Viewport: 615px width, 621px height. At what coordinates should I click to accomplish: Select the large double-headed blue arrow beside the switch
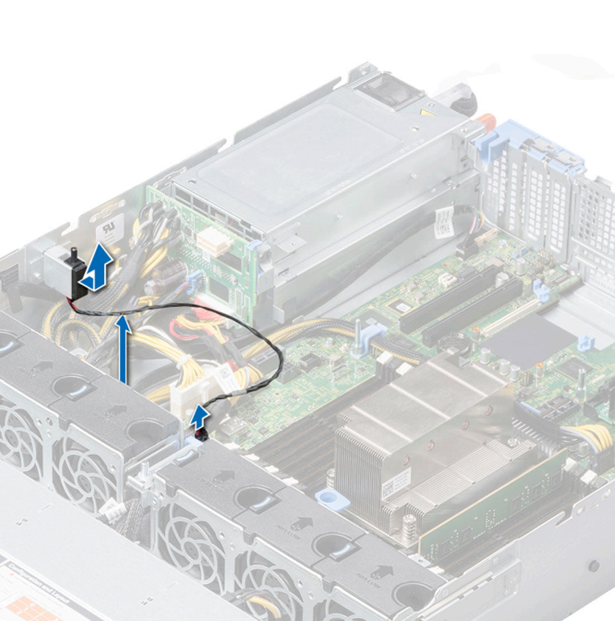tap(95, 266)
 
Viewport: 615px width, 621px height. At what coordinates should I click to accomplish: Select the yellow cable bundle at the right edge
tap(595, 442)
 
